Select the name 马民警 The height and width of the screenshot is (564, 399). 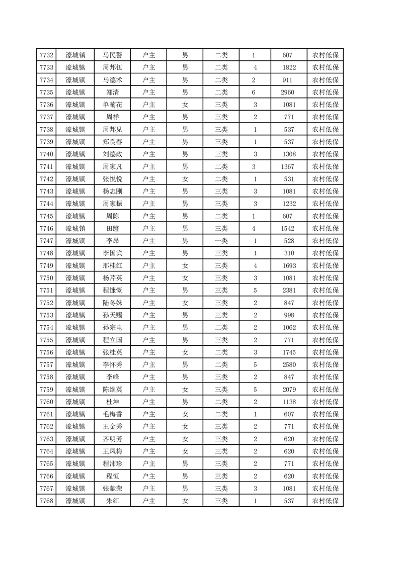tap(113, 55)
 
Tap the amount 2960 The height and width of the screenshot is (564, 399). tap(288, 92)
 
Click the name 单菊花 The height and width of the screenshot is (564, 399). tap(113, 105)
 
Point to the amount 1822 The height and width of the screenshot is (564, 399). tap(288, 68)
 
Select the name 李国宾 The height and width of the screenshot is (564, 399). tap(113, 253)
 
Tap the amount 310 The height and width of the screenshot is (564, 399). tap(288, 253)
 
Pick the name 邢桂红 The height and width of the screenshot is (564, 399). tap(113, 265)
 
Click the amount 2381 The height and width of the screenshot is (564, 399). tap(288, 290)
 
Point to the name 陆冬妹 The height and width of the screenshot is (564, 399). tap(113, 303)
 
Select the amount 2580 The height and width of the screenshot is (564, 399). tap(288, 364)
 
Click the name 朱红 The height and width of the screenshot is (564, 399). tap(113, 501)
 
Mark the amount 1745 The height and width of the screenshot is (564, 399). tap(288, 352)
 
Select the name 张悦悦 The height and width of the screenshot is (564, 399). tap(113, 179)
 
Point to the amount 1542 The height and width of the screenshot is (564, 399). tap(288, 228)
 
